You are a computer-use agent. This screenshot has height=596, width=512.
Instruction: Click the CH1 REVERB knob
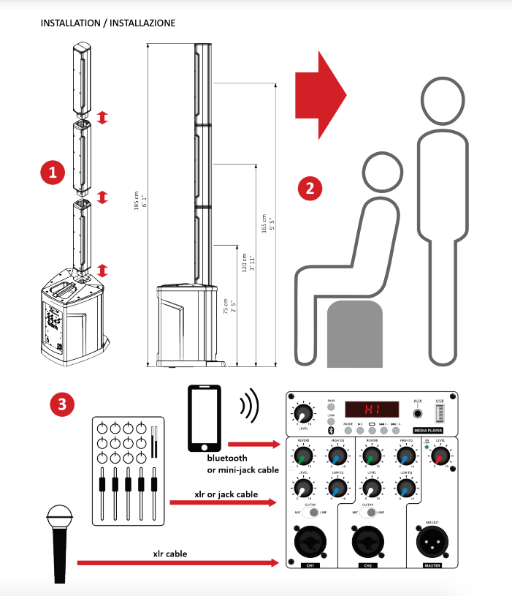(x=303, y=459)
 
